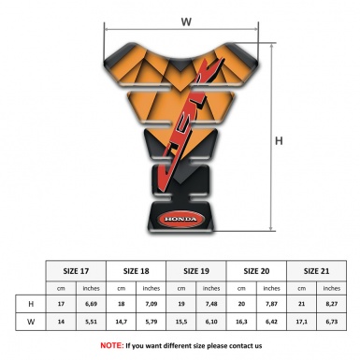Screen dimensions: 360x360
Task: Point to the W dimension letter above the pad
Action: tap(186, 19)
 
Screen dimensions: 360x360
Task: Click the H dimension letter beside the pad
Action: tap(279, 140)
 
